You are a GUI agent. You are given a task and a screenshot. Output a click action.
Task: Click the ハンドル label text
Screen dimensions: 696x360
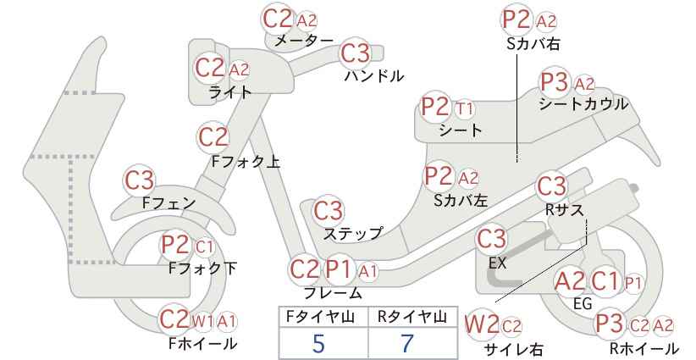coord(374,76)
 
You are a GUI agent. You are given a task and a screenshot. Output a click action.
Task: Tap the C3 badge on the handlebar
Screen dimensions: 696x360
coord(355,53)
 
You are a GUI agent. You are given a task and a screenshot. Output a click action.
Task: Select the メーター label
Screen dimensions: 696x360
coord(304,41)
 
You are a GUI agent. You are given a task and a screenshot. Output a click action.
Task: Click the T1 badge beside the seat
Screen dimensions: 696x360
coord(464,108)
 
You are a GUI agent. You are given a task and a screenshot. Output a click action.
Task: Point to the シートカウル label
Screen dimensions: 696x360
coord(583,104)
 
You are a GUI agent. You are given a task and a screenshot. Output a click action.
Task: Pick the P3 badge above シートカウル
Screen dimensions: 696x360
coord(555,82)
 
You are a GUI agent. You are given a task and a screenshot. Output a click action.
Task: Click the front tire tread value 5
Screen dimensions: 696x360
coord(318,343)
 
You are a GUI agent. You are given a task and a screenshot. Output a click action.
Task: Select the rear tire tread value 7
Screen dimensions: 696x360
coord(407,343)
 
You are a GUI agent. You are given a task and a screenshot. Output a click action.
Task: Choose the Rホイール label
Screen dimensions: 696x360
coord(644,349)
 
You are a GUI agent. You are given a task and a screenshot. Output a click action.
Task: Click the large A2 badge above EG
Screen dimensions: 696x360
coord(570,281)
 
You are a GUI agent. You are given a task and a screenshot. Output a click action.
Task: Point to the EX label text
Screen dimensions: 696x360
coord(497,263)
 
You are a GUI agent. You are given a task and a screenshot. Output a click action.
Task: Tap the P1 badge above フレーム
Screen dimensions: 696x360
coord(340,269)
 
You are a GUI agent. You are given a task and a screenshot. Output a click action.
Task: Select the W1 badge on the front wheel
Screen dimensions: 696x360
coord(202,321)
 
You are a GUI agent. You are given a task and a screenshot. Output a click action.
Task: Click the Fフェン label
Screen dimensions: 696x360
coord(168,203)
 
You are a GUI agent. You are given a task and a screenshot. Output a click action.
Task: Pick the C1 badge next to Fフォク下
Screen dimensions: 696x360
coord(204,247)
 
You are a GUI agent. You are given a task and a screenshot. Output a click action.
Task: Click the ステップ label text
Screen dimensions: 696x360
coord(352,234)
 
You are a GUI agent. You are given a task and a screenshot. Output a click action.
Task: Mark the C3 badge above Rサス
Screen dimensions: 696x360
coord(551,187)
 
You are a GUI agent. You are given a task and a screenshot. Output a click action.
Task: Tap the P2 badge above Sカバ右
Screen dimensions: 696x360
coord(517,20)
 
